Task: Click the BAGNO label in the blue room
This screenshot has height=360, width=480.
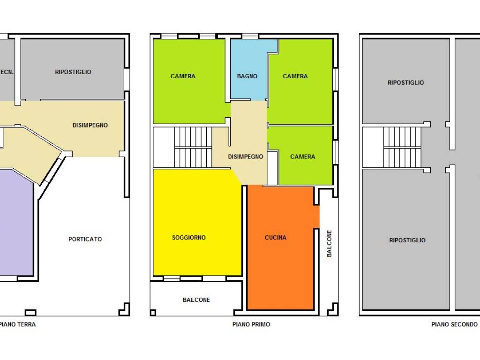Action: [247, 76]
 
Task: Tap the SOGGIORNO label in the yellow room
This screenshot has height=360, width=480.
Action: [188, 238]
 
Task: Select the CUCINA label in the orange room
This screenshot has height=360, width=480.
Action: [276, 238]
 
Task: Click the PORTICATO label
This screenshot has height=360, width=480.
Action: [85, 239]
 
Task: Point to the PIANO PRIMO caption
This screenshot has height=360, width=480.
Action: [251, 324]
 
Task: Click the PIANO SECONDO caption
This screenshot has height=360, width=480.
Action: [454, 324]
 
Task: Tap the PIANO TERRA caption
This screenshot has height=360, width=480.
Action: [18, 324]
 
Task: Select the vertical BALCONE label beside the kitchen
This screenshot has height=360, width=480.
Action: [329, 243]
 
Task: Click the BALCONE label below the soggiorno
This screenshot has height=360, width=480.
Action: [196, 300]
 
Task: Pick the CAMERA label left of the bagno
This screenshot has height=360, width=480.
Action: [183, 76]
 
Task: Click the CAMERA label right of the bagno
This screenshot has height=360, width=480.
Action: [295, 76]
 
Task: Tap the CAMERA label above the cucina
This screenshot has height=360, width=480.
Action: [302, 157]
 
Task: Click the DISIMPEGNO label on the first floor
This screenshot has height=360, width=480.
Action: [246, 157]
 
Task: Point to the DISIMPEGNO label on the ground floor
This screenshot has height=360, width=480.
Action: [90, 125]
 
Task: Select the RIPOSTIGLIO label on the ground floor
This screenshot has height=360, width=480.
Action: [73, 72]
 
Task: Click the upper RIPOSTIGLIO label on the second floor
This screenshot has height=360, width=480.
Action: [405, 82]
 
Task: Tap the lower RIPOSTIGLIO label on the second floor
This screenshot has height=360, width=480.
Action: [407, 240]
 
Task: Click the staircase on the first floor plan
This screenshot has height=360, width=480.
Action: [193, 148]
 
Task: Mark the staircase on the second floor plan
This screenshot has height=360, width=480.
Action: [402, 148]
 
